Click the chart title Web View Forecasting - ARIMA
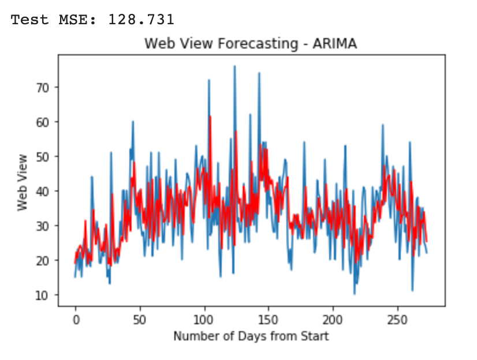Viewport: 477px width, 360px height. point(251,44)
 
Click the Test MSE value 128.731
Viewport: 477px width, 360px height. point(141,20)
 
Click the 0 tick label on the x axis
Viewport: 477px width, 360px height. point(75,319)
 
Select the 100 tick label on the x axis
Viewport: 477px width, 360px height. point(204,319)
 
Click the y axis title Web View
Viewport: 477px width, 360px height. point(23,182)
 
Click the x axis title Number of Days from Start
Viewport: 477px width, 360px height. point(251,336)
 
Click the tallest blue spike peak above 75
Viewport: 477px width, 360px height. point(234,66)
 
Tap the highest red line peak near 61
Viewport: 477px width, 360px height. point(210,117)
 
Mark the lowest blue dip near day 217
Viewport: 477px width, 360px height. point(355,294)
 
